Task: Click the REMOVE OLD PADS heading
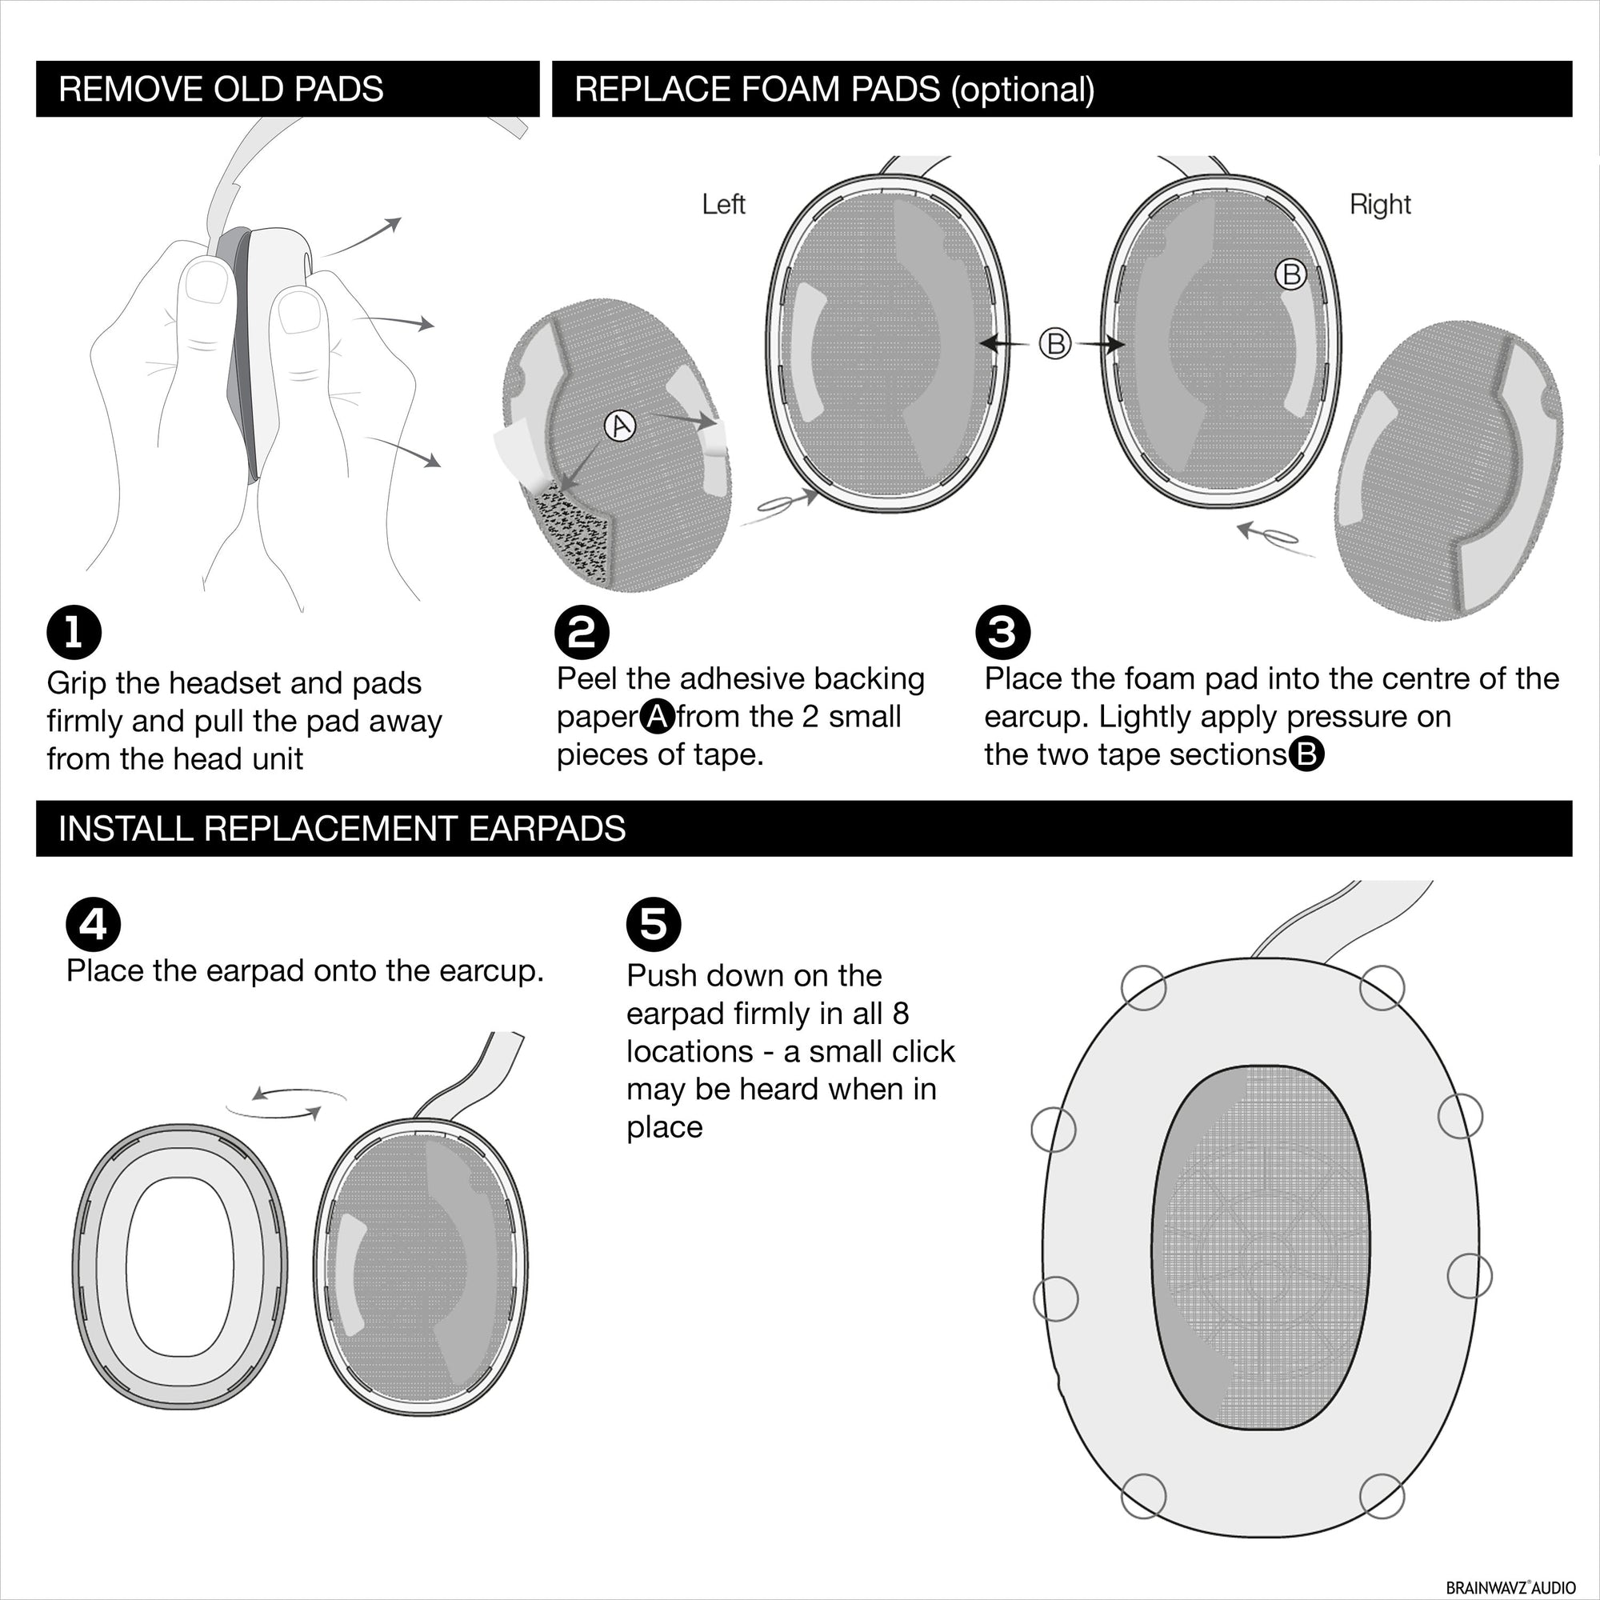click(221, 90)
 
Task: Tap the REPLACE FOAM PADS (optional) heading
click(834, 90)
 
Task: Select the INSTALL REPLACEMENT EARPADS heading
click(342, 829)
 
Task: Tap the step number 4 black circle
click(93, 925)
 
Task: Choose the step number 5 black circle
click(654, 925)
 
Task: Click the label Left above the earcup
click(723, 205)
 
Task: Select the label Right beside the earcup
click(1380, 205)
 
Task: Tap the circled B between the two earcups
click(1055, 343)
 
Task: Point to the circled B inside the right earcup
click(1290, 274)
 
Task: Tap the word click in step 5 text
click(923, 1052)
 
